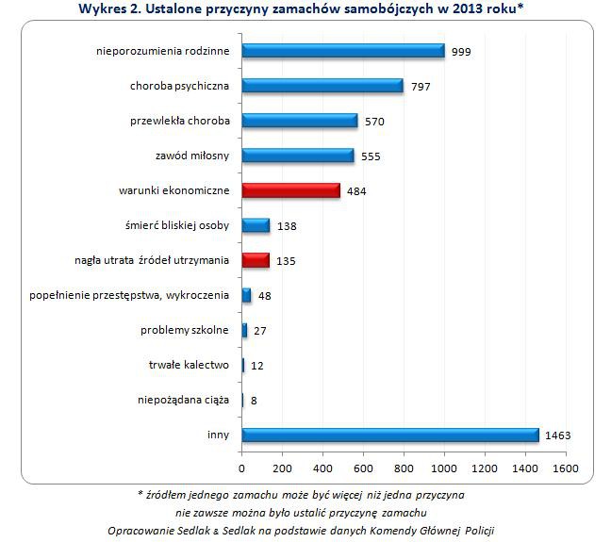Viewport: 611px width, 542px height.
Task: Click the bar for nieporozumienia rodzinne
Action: [x=342, y=51]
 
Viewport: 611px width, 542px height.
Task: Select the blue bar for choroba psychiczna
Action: [x=322, y=86]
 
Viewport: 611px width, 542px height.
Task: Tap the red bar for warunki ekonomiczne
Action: [x=290, y=190]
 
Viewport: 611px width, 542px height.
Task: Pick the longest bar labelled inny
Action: [x=389, y=435]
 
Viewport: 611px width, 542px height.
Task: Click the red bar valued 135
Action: [x=256, y=260]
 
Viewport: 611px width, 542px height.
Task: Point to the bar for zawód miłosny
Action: [x=298, y=156]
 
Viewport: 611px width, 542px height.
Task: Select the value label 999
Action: [x=461, y=52]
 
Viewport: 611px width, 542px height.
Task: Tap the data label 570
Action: [x=374, y=122]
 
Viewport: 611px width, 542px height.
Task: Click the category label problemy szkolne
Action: [x=185, y=330]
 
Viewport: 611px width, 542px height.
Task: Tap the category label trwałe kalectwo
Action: [x=190, y=365]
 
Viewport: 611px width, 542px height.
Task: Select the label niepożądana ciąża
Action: [x=183, y=400]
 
